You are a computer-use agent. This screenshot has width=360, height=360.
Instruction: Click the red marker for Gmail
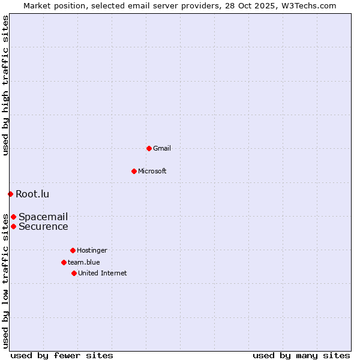149,148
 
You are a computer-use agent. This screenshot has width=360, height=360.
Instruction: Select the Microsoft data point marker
134,171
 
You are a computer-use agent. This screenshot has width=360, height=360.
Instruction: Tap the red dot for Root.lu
10,194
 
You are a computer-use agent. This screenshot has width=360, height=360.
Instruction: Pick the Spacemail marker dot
13,217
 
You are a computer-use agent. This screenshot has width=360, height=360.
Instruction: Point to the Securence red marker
13,226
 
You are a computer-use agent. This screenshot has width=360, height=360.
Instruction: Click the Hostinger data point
73,250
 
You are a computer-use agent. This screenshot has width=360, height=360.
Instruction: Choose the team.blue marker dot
64,262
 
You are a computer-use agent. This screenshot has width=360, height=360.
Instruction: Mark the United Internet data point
74,273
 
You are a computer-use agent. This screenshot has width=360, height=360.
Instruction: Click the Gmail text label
162,148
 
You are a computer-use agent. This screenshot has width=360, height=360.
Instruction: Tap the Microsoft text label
152,171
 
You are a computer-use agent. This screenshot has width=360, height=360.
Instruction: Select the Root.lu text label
32,194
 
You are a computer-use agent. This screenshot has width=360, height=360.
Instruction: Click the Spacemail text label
43,217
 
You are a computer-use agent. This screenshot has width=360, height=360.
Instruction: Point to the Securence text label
43,226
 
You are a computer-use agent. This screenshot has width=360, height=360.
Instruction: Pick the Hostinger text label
92,250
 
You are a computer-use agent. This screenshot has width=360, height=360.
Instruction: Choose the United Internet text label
103,273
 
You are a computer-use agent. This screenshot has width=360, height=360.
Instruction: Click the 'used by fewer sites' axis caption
62,355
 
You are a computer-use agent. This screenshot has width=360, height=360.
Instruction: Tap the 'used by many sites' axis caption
301,355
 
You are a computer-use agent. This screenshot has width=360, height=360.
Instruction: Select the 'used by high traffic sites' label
5,85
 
